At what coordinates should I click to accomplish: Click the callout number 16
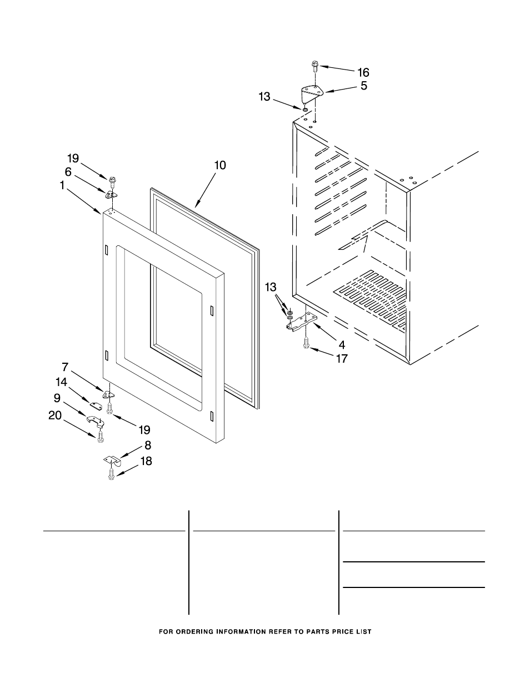pyautogui.click(x=363, y=72)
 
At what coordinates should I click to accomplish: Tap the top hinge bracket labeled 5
pyautogui.click(x=312, y=93)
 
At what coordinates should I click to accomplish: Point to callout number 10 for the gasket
pyautogui.click(x=221, y=165)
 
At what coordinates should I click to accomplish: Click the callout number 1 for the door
pyautogui.click(x=62, y=185)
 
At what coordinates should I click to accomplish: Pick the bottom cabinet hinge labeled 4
pyautogui.click(x=300, y=322)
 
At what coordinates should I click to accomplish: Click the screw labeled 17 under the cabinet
pyautogui.click(x=306, y=343)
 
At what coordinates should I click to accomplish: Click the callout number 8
pyautogui.click(x=147, y=445)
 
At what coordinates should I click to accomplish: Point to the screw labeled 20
pyautogui.click(x=101, y=438)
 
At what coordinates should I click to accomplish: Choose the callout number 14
pyautogui.click(x=61, y=382)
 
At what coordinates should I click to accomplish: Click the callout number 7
pyautogui.click(x=64, y=367)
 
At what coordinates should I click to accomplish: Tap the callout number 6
pyautogui.click(x=68, y=172)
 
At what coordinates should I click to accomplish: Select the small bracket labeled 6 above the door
pyautogui.click(x=111, y=195)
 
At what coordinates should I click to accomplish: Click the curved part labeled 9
pyautogui.click(x=96, y=421)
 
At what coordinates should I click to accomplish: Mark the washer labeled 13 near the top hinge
pyautogui.click(x=305, y=110)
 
